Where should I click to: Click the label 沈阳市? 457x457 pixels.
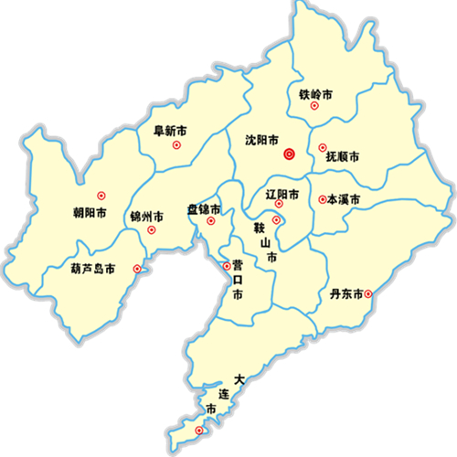pos(262,141)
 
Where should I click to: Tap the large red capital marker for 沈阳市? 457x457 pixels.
pos(290,154)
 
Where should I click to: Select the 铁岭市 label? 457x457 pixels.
pos(315,93)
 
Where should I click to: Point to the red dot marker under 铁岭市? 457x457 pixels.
pos(315,107)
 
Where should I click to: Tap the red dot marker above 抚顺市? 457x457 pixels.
pos(322,147)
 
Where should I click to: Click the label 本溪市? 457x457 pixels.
pos(344,199)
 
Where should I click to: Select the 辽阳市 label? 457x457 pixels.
pos(282,195)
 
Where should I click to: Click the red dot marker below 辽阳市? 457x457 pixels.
pos(278,206)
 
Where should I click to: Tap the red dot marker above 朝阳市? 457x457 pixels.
pos(101,194)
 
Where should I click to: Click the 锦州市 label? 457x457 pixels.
pos(146,218)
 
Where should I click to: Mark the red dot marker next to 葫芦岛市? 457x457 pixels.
pos(137,269)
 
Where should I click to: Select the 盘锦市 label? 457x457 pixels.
pos(205,209)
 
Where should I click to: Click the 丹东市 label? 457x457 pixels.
pos(348,294)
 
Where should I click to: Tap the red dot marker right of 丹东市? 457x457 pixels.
pos(369,294)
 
